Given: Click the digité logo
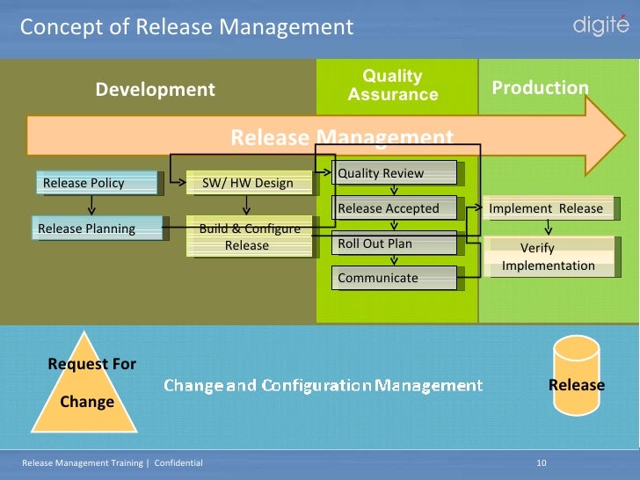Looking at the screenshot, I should [x=600, y=25].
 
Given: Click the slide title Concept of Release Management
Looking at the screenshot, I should [x=186, y=27].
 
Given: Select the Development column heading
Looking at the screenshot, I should [x=155, y=90].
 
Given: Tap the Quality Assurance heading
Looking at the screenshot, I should [x=393, y=85].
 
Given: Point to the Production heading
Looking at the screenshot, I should [x=540, y=88].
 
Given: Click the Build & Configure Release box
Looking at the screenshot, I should [x=250, y=236].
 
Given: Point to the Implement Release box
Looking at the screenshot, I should [x=546, y=208].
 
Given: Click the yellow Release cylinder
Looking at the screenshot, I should [x=576, y=384].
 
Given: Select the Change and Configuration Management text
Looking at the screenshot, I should [x=323, y=385].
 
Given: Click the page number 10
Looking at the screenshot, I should [x=542, y=462].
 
